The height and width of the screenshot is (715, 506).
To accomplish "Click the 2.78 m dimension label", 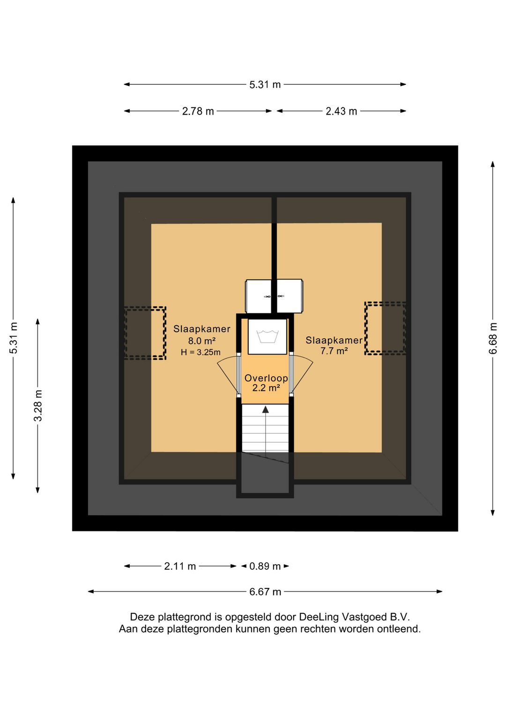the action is tap(198, 111).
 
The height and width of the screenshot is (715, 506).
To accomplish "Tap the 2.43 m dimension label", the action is tap(341, 111).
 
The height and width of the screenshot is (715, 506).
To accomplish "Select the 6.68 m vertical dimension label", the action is tap(493, 338).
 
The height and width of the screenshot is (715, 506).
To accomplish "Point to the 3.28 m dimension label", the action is tap(38, 405).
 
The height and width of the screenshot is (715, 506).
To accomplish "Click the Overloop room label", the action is tap(266, 378).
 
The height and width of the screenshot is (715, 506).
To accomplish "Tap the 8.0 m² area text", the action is tap(202, 341).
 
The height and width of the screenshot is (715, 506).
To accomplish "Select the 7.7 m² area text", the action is tap(334, 351).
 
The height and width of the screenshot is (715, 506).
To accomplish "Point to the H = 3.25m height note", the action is tap(201, 352).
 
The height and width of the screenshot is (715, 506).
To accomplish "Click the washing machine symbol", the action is tap(268, 336).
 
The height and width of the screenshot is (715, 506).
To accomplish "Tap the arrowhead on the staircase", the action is tap(265, 410).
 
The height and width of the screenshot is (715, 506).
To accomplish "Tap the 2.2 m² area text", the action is tap(266, 388).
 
